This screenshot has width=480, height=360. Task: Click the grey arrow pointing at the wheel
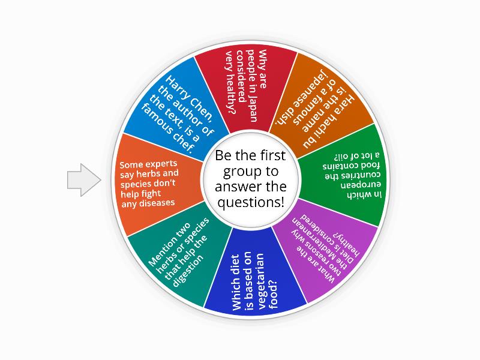[x=83, y=179]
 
